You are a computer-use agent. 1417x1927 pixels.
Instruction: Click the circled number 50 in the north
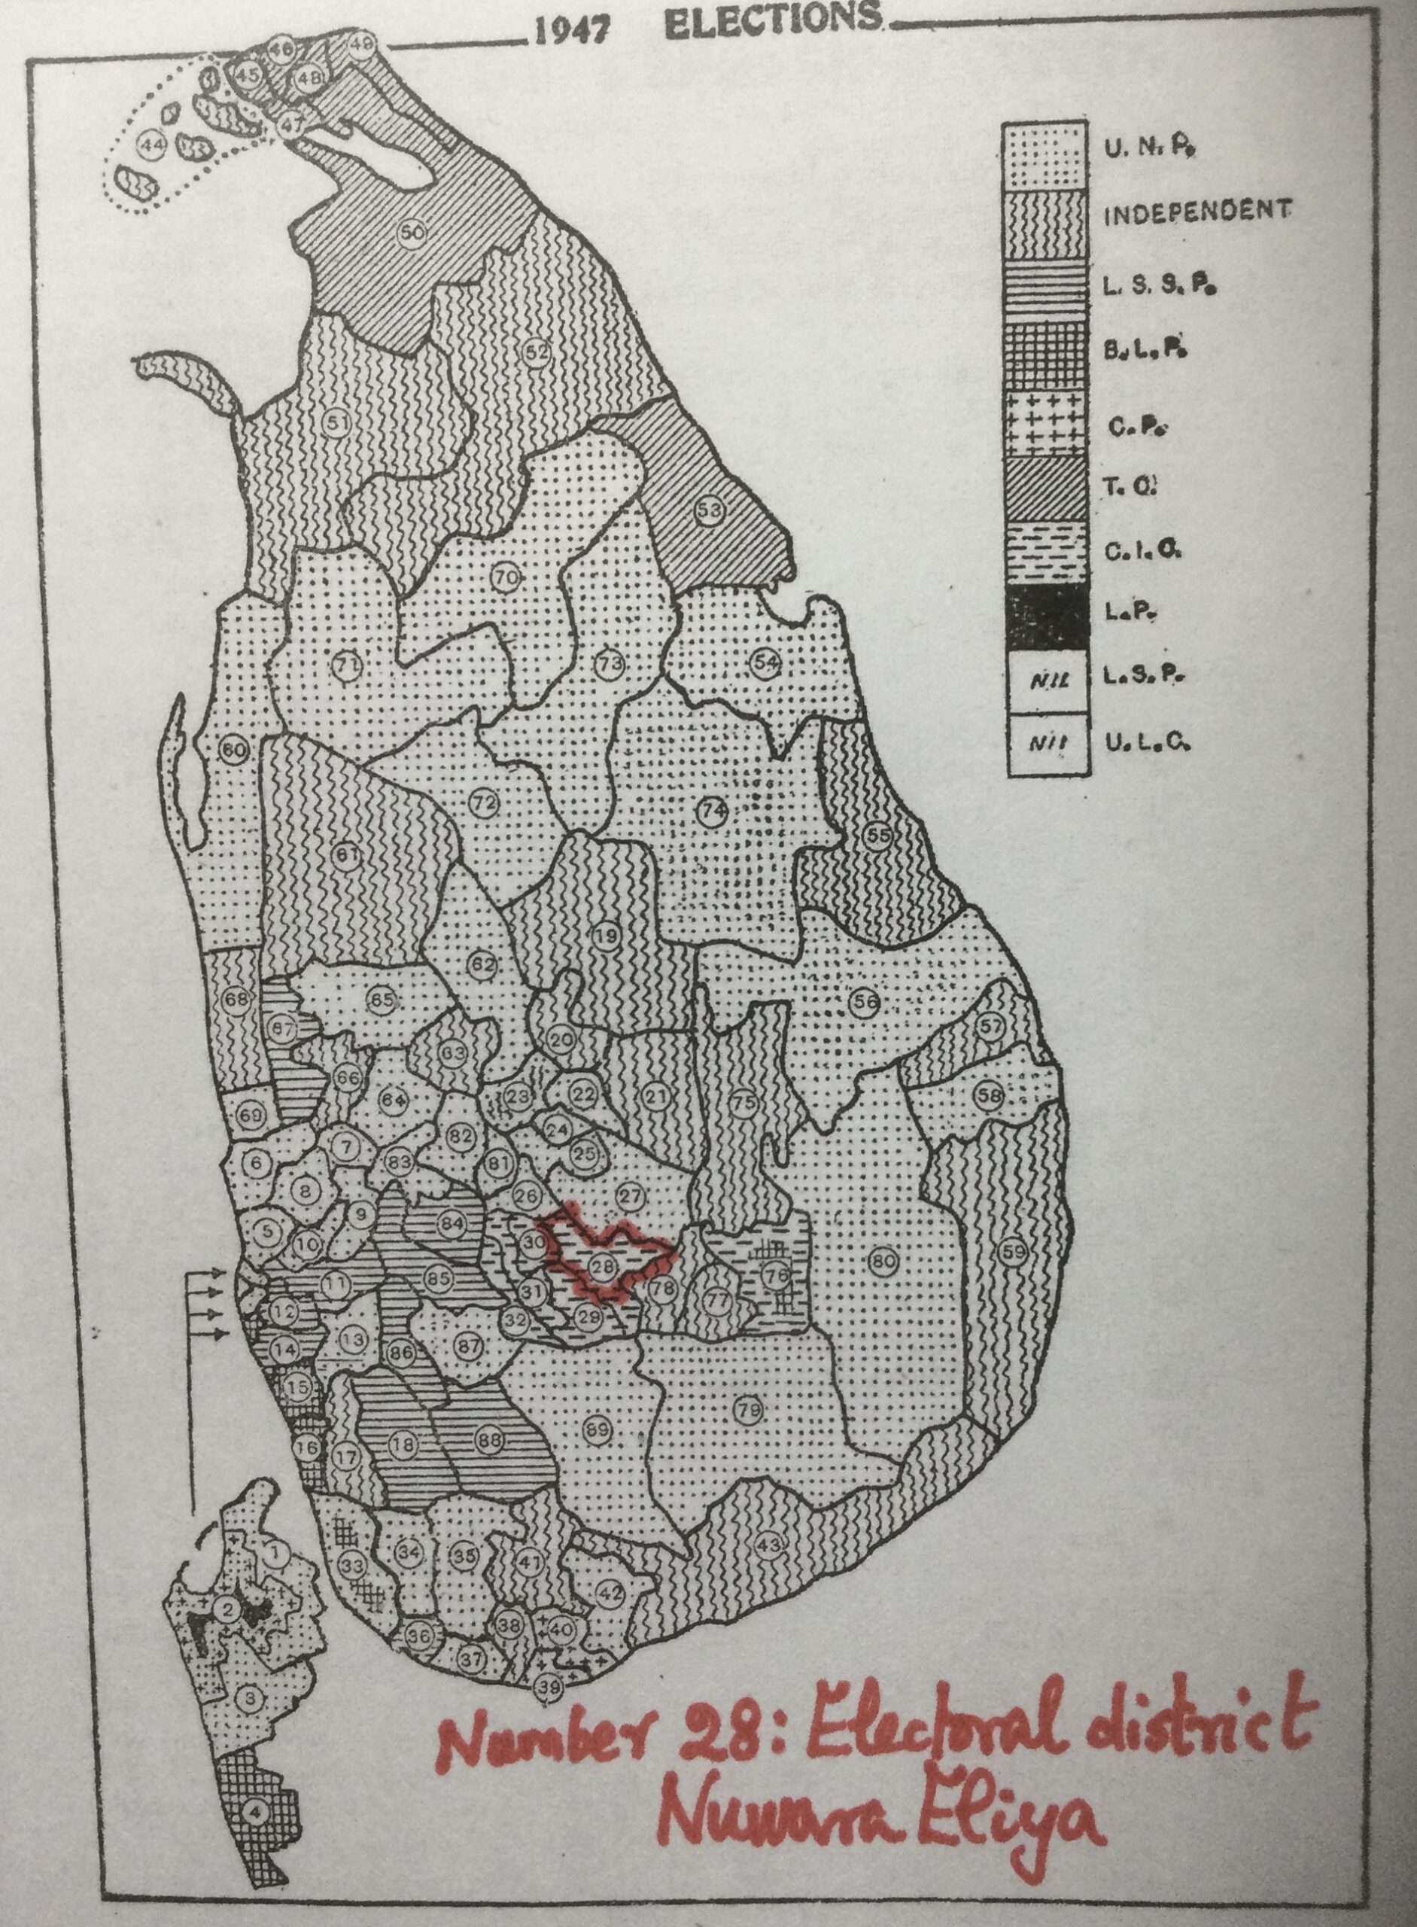coord(412,232)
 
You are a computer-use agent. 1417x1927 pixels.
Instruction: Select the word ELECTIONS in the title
coord(773,21)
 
